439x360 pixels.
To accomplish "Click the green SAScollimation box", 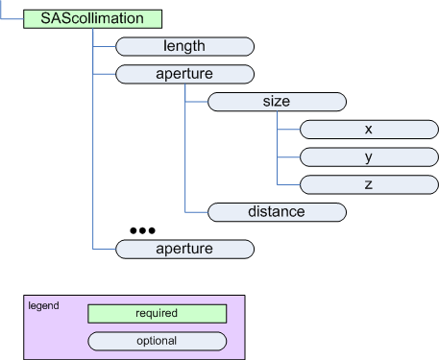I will (92, 18).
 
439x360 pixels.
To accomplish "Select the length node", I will (183, 45).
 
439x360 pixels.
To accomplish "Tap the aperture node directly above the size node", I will (183, 73).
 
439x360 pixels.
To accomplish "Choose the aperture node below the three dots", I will (183, 249).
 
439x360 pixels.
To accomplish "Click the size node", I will (277, 101).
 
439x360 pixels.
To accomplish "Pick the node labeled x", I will (369, 129).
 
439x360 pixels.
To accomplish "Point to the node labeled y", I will (369, 156).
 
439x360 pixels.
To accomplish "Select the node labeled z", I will (369, 182).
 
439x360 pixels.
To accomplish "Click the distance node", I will (277, 211).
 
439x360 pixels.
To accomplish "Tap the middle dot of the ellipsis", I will (141, 231).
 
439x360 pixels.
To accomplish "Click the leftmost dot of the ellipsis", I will (133, 231).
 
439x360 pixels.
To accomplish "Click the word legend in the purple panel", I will (43, 305).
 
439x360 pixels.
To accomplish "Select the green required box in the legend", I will (157, 313).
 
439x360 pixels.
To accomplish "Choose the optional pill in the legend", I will (157, 341).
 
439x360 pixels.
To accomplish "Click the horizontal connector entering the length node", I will (103, 45).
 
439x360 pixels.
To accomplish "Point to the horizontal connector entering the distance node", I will (196, 211).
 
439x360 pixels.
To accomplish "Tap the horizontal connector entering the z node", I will (288, 182).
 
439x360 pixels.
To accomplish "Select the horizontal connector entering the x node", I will (288, 129).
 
